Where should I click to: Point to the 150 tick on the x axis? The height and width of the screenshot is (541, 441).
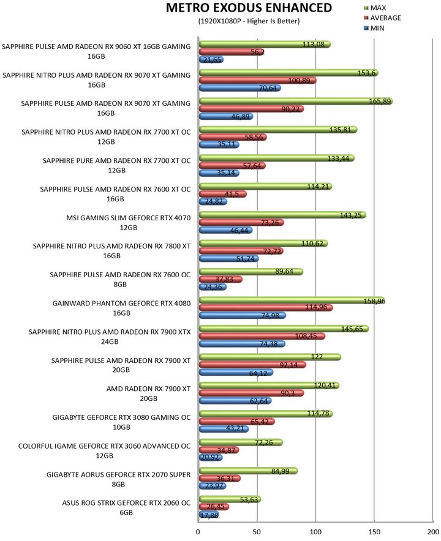click(374, 532)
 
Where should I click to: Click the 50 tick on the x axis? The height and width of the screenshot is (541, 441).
click(257, 532)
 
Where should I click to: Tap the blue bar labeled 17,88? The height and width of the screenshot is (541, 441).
click(209, 515)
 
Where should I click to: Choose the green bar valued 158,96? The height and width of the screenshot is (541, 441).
click(291, 300)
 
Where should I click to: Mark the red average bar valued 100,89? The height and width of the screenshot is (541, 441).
click(257, 80)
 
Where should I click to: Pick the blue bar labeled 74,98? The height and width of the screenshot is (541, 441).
click(242, 316)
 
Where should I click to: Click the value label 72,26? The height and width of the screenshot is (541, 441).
click(270, 442)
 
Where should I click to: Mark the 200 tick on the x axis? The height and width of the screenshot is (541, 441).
click(432, 532)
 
